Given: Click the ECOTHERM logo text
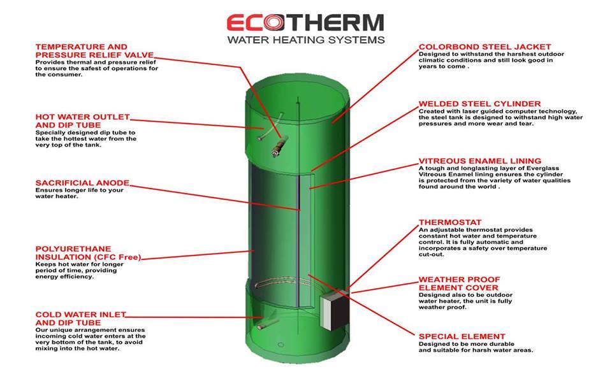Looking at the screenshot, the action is point(305,23).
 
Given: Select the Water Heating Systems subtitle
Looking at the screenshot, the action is point(306,40).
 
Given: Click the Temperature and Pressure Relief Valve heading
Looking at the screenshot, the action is point(94,51).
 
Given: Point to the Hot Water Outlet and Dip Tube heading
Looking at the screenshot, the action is point(82,121).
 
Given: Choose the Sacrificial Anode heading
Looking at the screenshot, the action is point(82,183).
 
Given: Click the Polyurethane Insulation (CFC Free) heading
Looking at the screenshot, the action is point(88,253).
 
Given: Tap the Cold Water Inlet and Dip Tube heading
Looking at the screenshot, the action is point(80,319).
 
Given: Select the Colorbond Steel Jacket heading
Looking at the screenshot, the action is point(484,47).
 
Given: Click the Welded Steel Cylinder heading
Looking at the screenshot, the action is point(479,104).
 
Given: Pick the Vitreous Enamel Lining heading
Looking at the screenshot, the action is point(479,161).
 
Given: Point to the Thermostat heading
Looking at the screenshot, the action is point(450,222).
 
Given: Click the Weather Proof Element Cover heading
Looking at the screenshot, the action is point(459,284).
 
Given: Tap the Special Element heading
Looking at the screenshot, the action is point(462,336).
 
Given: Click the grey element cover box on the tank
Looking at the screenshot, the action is point(334,310).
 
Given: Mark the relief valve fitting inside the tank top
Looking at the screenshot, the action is point(280,146).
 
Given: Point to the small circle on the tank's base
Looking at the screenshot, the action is point(280,345).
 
